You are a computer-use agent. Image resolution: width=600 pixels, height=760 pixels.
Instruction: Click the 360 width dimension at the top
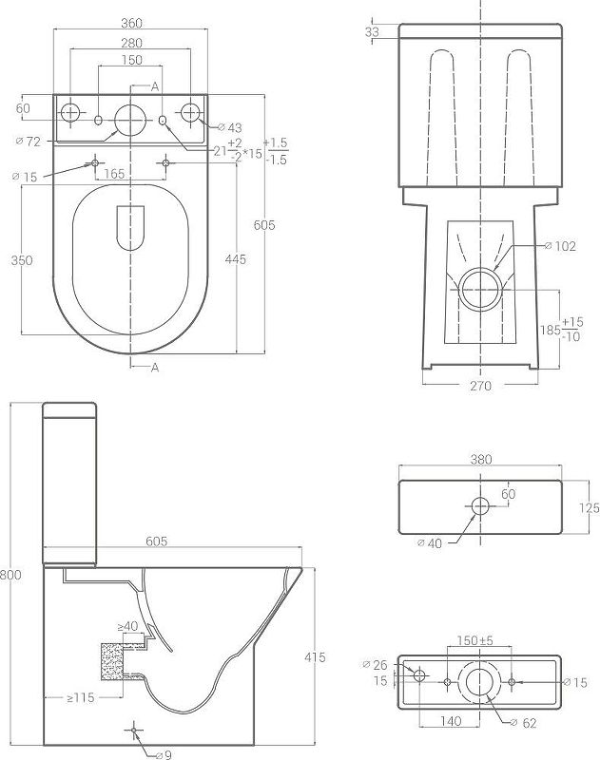(131, 21)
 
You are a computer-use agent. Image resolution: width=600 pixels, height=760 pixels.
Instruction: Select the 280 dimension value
(131, 43)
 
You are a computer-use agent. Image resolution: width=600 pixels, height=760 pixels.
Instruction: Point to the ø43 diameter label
(231, 128)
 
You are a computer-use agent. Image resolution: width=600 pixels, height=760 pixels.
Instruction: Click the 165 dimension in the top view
(115, 174)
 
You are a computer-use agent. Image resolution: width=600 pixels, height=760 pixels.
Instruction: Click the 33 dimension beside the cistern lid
(372, 32)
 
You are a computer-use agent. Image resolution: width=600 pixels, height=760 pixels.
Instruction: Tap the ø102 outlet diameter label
(565, 246)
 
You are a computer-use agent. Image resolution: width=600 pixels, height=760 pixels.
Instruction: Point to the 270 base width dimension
(480, 386)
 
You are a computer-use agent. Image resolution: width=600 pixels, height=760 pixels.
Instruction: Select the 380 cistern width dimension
(481, 459)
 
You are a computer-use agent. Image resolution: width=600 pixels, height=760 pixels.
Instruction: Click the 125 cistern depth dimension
(589, 508)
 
